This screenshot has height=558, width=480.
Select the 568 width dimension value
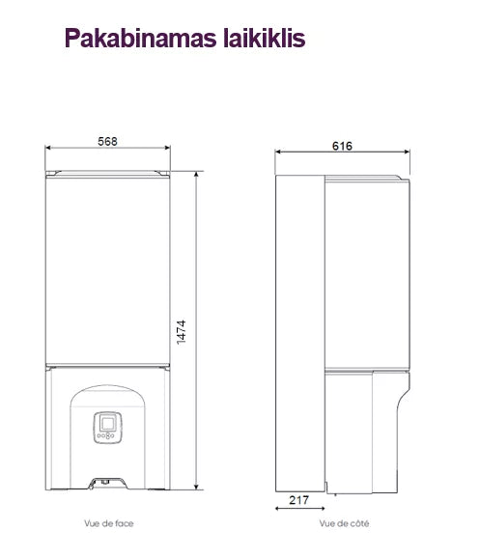108,141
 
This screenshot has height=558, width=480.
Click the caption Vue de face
108,523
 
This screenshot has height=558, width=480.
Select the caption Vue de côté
344,523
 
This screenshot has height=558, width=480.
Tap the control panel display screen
108,422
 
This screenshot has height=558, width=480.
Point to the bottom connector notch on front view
108,480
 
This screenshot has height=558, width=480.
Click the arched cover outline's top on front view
108,388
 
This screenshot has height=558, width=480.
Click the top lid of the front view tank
108,173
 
